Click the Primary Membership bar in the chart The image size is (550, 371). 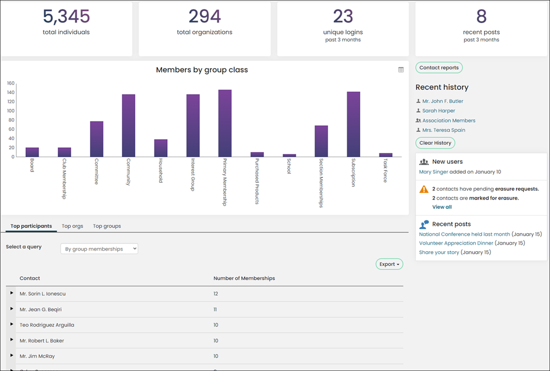click(x=225, y=123)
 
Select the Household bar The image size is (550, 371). click(x=161, y=148)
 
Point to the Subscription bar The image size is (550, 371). click(x=353, y=124)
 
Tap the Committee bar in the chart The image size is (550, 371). click(x=96, y=139)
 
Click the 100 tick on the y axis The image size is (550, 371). click(x=10, y=111)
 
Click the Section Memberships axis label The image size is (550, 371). click(x=321, y=182)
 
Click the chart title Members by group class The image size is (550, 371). click(x=202, y=70)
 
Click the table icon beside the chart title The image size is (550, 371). click(x=401, y=70)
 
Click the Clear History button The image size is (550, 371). click(x=435, y=143)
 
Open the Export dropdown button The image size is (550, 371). click(x=389, y=264)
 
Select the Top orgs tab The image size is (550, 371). click(x=73, y=226)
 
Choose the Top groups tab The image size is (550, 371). click(x=107, y=226)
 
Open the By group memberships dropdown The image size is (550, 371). click(x=99, y=249)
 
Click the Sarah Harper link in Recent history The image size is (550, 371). click(x=438, y=111)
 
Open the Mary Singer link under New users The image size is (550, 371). click(x=433, y=172)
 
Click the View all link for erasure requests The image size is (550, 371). click(x=442, y=207)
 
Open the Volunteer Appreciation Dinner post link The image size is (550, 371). click(x=456, y=243)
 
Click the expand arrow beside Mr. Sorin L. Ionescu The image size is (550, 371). click(x=12, y=293)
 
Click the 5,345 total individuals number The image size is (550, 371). click(x=67, y=16)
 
